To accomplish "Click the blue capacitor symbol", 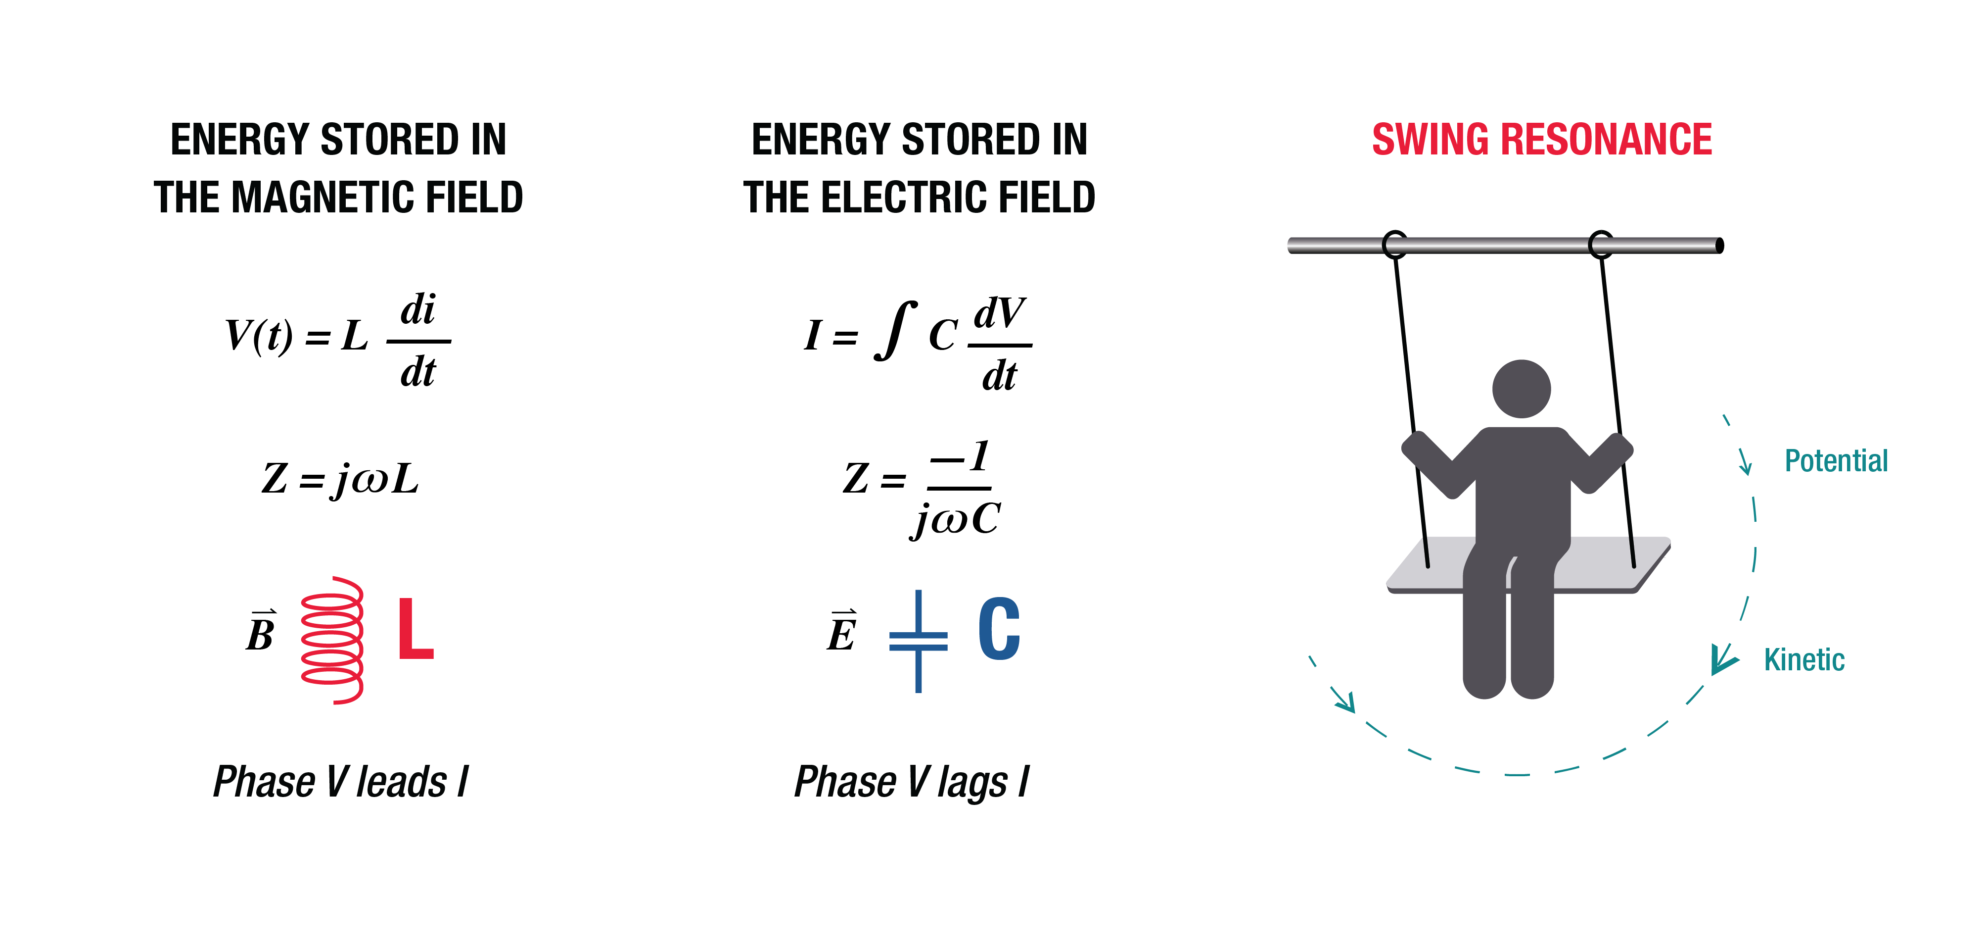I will (918, 640).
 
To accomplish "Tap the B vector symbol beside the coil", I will (261, 633).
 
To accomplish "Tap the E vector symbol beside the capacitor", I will (842, 633).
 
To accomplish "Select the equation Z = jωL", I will (340, 479).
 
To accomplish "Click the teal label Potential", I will (1836, 461).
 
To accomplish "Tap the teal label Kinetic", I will (1804, 660).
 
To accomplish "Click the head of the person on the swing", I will (1521, 388).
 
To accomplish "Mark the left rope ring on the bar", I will (1395, 245).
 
